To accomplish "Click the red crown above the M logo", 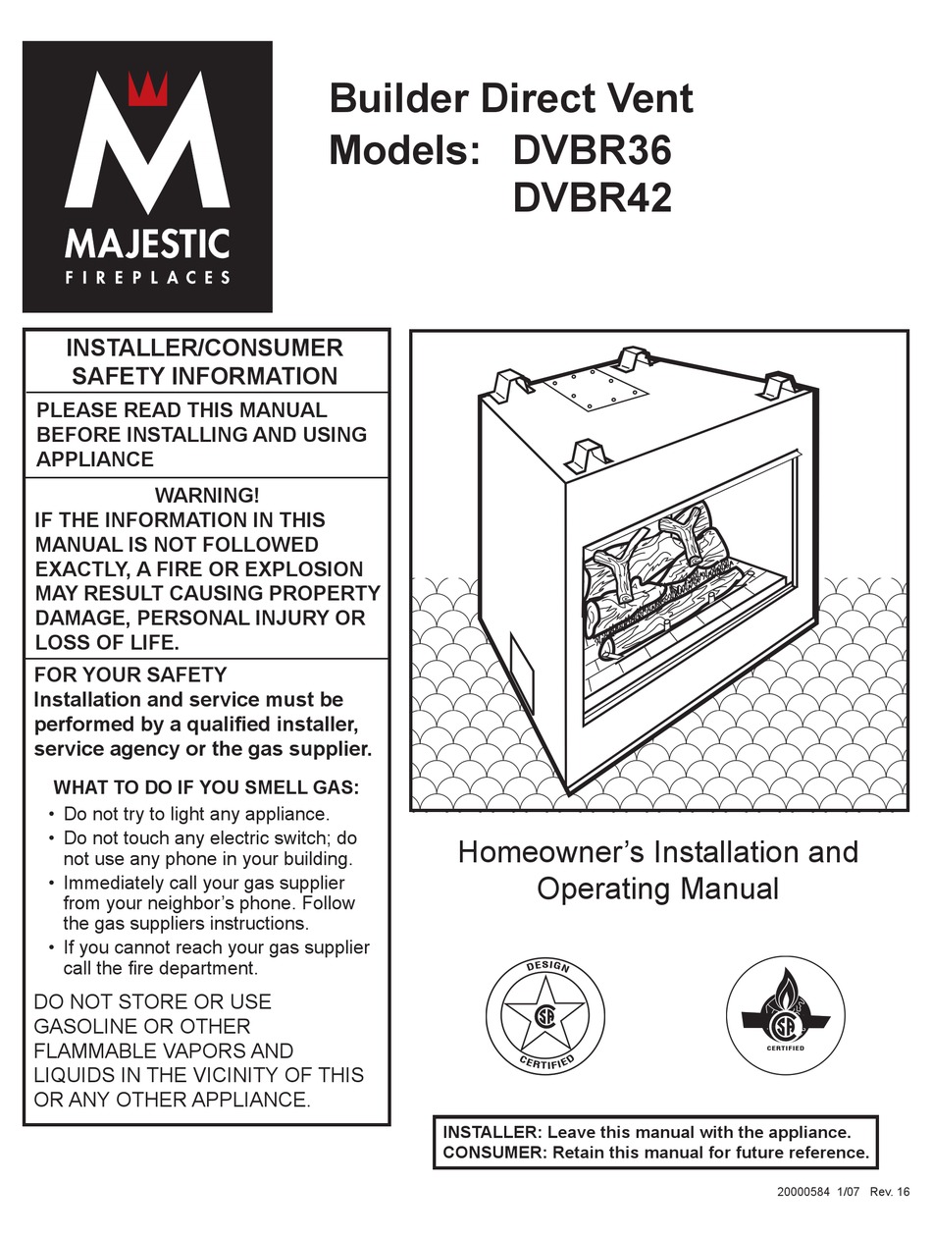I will (x=148, y=89).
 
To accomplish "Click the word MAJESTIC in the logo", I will (x=147, y=243).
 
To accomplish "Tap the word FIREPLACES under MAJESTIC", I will (x=147, y=278).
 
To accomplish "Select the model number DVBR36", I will (x=592, y=150).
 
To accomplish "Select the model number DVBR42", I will (x=592, y=199).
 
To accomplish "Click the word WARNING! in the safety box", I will (x=207, y=495).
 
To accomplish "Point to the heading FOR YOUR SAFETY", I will (x=130, y=674).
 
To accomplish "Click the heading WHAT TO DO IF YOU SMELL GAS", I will (x=206, y=787).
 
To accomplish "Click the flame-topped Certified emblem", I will (x=784, y=1015).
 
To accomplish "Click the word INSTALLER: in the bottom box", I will (x=492, y=1132).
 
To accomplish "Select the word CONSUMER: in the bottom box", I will (x=494, y=1153).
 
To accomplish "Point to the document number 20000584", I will (x=803, y=1191).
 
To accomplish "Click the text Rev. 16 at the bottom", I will (x=889, y=1191).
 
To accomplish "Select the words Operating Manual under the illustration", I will (x=657, y=889).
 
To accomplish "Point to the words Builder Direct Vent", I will (x=511, y=99).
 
